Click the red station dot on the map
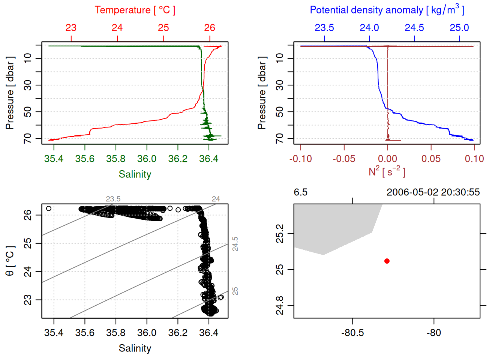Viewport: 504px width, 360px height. point(387,261)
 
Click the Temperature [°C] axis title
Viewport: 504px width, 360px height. point(135,10)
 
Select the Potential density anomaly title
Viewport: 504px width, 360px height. point(387,10)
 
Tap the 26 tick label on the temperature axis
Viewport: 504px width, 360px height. point(210,28)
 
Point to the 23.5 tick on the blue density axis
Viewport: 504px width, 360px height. point(324,28)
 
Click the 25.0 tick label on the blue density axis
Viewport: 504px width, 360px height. point(459,28)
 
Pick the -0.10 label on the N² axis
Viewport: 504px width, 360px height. point(300,159)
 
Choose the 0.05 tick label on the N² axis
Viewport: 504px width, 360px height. point(431,159)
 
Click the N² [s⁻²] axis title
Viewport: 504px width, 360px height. point(387,172)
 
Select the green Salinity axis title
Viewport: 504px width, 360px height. point(135,174)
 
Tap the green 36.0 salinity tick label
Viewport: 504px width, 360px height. point(147,159)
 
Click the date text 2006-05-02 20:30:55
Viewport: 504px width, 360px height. point(433,192)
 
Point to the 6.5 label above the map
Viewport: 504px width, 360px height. point(300,192)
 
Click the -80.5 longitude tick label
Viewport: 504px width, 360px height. point(352,333)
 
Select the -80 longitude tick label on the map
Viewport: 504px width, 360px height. point(434,333)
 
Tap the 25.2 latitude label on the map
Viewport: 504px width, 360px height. point(280,234)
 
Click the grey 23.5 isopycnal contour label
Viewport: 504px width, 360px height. point(113,199)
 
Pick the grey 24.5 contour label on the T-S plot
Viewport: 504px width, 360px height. point(235,244)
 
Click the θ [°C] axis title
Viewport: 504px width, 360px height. point(10,261)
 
